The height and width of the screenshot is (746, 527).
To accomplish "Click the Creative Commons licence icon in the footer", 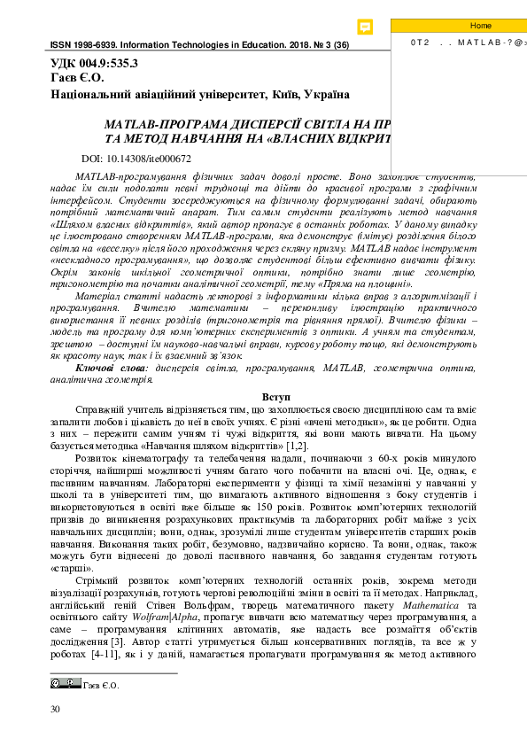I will pyautogui.click(x=65, y=683).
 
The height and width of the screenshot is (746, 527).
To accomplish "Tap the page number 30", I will pyautogui.click(x=56, y=709).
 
